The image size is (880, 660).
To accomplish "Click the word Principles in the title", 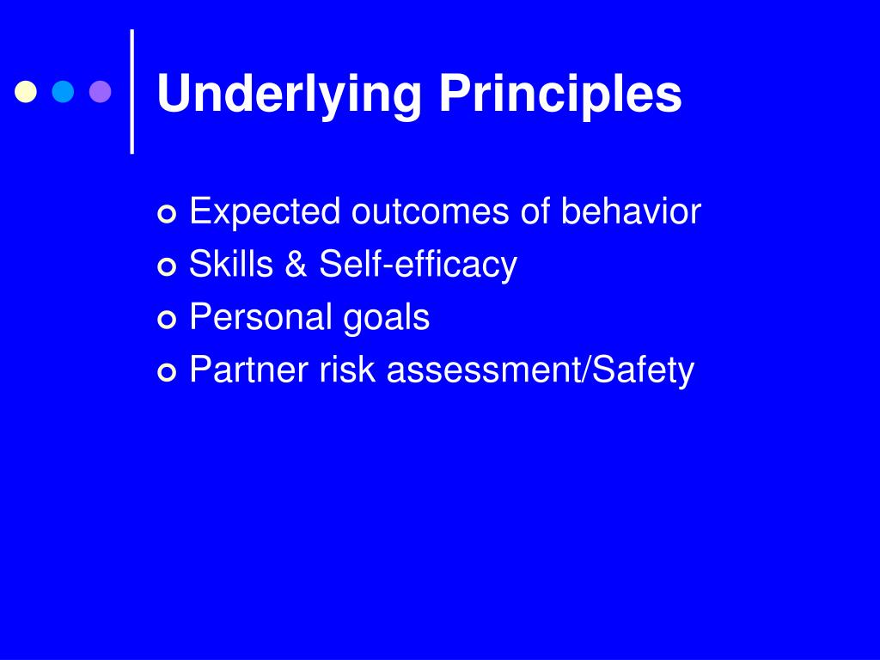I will tap(560, 95).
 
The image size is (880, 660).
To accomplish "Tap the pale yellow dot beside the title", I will tap(27, 92).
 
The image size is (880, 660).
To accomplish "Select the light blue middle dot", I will tap(64, 92).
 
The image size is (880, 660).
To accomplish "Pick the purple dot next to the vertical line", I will tap(101, 92).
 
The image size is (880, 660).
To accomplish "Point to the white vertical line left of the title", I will tap(132, 92).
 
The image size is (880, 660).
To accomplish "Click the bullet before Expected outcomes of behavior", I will tap(168, 213).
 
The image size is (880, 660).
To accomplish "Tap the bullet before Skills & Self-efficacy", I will tap(168, 266).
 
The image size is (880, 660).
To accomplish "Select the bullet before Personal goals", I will tap(168, 320).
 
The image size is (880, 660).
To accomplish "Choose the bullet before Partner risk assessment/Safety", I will tap(168, 373).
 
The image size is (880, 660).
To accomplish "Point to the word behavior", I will tap(632, 212).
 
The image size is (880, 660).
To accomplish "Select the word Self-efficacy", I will tap(419, 265).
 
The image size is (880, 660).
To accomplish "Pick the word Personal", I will tap(260, 318).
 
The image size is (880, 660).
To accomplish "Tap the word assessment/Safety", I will tap(541, 370).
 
